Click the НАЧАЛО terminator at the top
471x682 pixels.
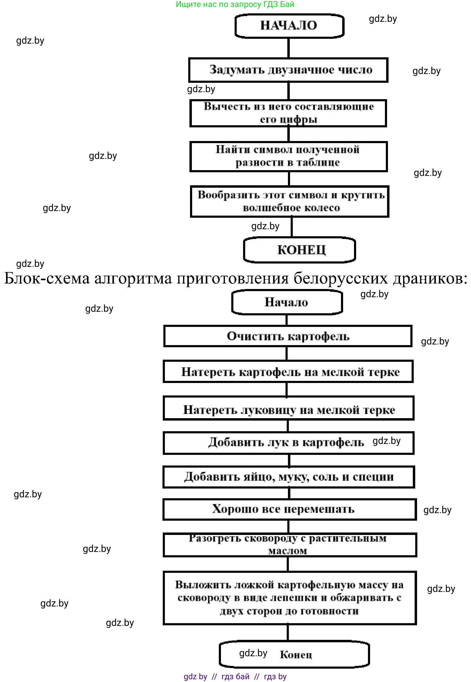[x=289, y=25]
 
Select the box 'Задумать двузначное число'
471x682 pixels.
[x=288, y=70]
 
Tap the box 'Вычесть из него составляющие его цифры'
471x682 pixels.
[x=288, y=113]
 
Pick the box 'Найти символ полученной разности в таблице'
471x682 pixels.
[x=288, y=156]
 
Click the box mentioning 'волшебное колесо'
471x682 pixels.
[x=290, y=202]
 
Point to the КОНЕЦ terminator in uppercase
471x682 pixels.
[x=299, y=250]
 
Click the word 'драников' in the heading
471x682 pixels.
[x=430, y=278]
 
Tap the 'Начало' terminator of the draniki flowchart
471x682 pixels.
[x=287, y=302]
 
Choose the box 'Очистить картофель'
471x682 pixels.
[x=288, y=336]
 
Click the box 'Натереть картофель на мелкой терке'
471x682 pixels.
[x=288, y=372]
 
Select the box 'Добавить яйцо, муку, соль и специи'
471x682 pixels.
[x=289, y=477]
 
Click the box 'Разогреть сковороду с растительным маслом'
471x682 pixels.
[x=290, y=545]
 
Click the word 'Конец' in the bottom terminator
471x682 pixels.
[x=296, y=655]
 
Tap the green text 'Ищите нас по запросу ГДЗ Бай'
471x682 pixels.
[x=235, y=4]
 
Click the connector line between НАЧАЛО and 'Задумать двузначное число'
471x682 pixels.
[x=289, y=48]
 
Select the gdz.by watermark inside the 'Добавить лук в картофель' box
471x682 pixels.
[x=386, y=441]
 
